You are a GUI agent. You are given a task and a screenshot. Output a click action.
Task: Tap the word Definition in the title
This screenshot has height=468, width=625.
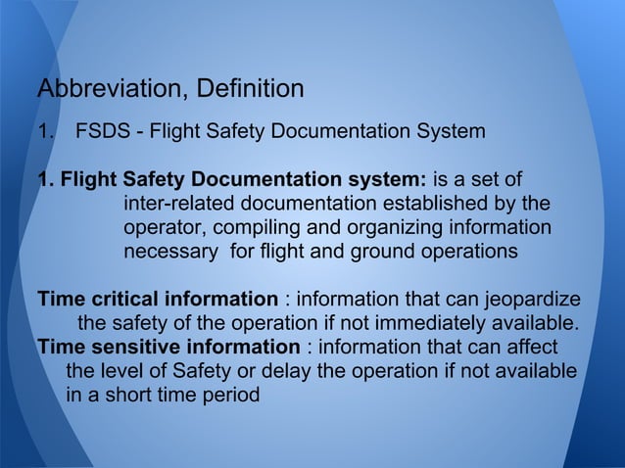[x=251, y=90]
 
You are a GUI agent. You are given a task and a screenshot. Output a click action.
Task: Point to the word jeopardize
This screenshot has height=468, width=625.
[x=530, y=299]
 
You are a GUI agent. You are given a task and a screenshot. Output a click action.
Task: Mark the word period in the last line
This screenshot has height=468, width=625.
[x=234, y=396]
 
